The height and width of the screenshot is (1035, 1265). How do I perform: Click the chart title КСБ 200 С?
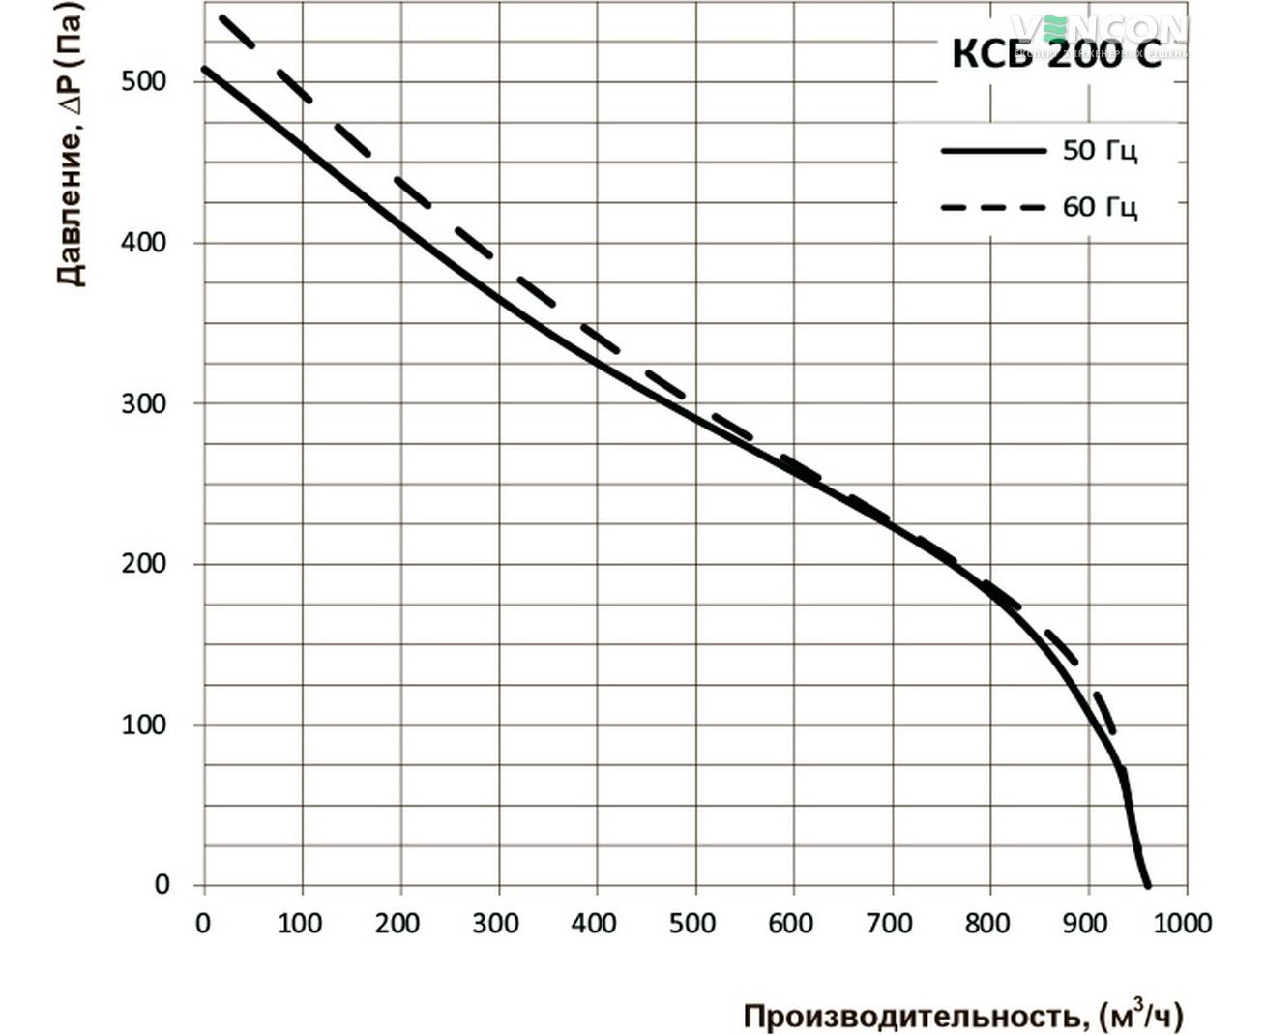(1056, 54)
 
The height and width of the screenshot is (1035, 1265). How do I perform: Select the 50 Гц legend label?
(1100, 151)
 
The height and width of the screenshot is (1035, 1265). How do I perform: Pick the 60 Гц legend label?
(1100, 207)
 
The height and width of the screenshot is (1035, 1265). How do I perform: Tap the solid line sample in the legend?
(993, 151)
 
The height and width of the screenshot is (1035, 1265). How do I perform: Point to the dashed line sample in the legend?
(993, 207)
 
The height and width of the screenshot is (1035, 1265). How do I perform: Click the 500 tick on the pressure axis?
(144, 81)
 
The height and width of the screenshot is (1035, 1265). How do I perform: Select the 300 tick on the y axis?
(144, 403)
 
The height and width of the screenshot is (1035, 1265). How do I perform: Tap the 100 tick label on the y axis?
(144, 724)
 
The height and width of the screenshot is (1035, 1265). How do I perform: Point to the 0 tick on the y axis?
(162, 885)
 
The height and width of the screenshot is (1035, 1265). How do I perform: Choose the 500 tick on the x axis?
(693, 924)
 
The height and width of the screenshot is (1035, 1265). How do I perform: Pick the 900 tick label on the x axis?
(1086, 924)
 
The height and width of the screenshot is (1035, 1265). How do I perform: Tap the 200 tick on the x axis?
(398, 924)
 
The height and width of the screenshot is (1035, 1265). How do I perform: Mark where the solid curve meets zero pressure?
(1148, 885)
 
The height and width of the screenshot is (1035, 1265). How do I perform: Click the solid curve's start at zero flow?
(205, 69)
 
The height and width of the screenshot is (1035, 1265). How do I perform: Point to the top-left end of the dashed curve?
(221, 17)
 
